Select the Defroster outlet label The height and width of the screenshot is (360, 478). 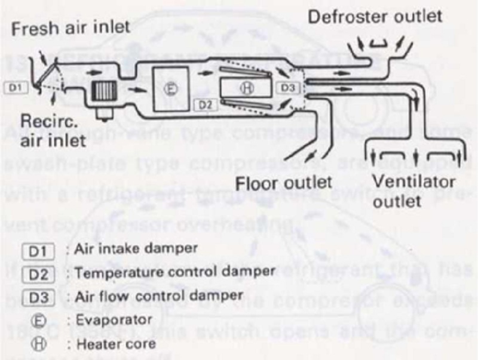pyautogui.click(x=375, y=16)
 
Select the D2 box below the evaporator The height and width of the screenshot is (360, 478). pyautogui.click(x=205, y=106)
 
